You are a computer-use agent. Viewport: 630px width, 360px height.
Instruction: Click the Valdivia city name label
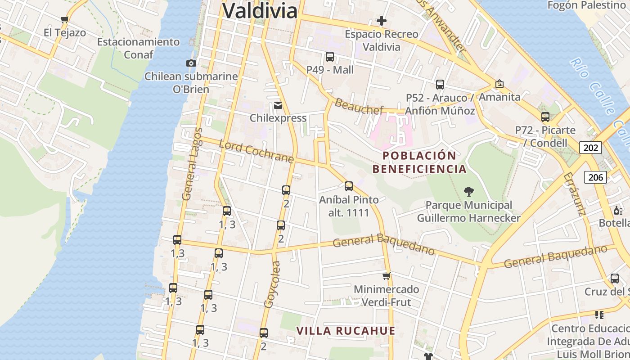pyautogui.click(x=260, y=11)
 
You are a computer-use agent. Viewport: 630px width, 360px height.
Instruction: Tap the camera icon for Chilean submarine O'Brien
pyautogui.click(x=191, y=63)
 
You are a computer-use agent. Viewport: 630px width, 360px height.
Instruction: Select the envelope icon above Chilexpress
pyautogui.click(x=278, y=105)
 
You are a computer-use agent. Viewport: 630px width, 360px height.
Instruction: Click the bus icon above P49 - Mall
pyautogui.click(x=330, y=57)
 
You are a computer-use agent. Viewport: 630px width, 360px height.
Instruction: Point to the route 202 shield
pyautogui.click(x=590, y=148)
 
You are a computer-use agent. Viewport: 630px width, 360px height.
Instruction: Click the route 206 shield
pyautogui.click(x=595, y=177)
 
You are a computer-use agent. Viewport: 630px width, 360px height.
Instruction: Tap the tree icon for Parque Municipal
pyautogui.click(x=468, y=192)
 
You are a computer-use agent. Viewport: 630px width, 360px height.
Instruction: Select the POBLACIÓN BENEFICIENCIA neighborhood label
pyautogui.click(x=419, y=162)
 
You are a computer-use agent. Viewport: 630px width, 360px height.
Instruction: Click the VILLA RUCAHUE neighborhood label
pyautogui.click(x=346, y=331)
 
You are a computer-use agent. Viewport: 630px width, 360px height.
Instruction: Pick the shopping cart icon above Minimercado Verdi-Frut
pyautogui.click(x=386, y=276)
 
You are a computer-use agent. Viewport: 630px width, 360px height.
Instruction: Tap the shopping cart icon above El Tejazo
pyautogui.click(x=64, y=19)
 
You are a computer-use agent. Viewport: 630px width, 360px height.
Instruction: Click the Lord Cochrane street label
pyautogui.click(x=256, y=152)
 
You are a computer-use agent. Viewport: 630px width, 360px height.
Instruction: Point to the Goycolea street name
pyautogui.click(x=272, y=284)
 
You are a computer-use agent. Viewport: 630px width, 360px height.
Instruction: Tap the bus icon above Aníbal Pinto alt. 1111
pyautogui.click(x=349, y=186)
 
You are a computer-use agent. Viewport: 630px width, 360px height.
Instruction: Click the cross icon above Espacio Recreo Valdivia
pyautogui.click(x=382, y=21)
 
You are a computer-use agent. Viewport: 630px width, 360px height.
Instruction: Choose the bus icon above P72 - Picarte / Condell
pyautogui.click(x=545, y=117)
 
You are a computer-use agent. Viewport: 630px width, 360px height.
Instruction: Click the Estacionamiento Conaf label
pyautogui.click(x=138, y=48)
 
